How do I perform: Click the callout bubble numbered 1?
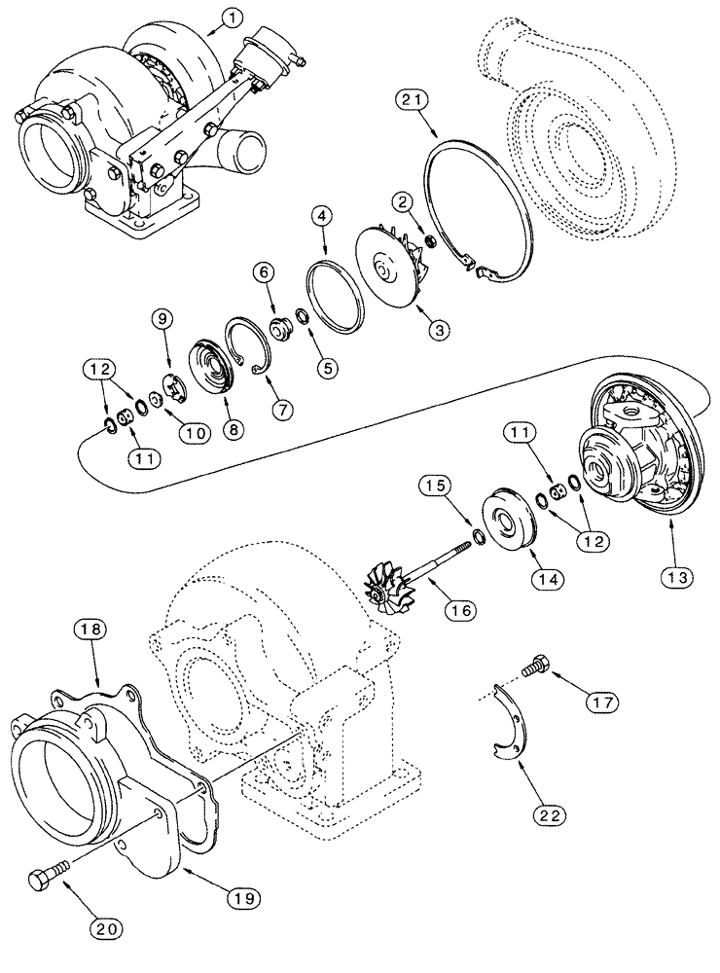(230, 17)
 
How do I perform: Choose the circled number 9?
(162, 316)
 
